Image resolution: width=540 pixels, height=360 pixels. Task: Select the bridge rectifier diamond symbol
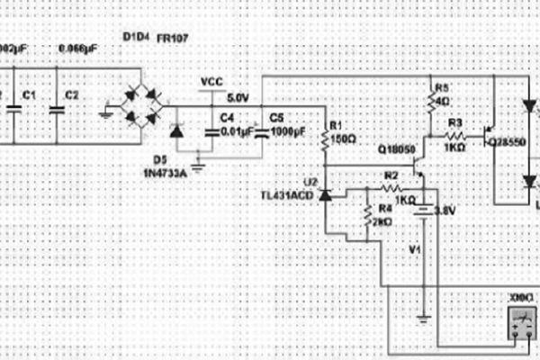(141, 104)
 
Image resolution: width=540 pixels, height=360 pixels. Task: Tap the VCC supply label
(211, 82)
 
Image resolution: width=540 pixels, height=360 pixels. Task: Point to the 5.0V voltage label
(238, 97)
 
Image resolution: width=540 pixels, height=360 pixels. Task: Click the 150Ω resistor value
(344, 140)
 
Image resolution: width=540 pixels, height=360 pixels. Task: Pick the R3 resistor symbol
(454, 138)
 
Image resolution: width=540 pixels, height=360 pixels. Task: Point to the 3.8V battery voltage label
(445, 211)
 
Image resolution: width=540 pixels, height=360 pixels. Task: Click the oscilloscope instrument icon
(520, 320)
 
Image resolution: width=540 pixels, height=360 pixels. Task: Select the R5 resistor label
(441, 87)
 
